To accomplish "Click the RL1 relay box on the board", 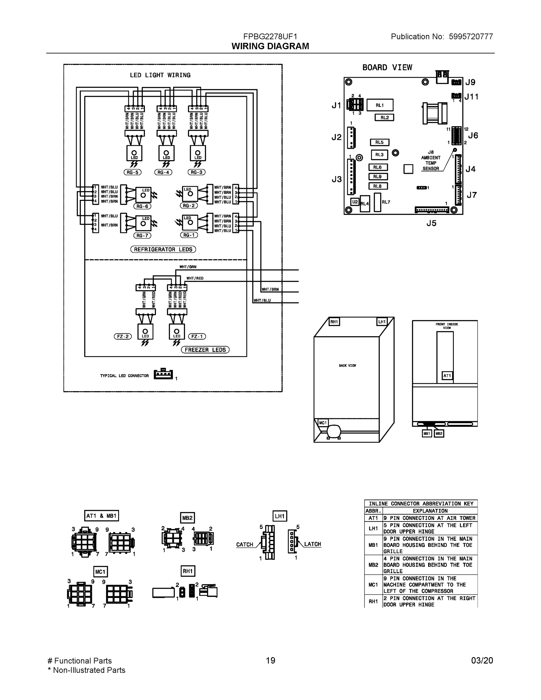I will [x=380, y=105].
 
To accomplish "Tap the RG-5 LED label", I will [x=132, y=172].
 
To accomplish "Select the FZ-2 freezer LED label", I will [x=123, y=337].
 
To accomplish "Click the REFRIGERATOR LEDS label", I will [x=163, y=249].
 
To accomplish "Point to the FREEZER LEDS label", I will [x=205, y=350].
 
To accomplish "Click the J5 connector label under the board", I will [x=431, y=223].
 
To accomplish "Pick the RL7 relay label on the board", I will [x=386, y=202].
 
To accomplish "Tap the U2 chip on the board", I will [x=355, y=202].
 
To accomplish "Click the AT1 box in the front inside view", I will [x=447, y=376].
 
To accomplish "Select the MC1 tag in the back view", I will [x=323, y=423].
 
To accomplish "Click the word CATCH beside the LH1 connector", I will [x=244, y=545].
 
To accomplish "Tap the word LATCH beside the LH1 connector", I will [x=312, y=544].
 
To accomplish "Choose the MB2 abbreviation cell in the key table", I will [x=373, y=565].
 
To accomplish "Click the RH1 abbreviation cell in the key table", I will [x=373, y=601].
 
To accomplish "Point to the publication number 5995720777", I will [x=471, y=36].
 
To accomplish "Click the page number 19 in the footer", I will [x=271, y=660].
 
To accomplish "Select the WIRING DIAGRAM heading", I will [x=270, y=46].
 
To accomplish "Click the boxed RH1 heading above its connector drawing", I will [x=188, y=571].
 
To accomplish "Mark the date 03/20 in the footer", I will [x=482, y=660].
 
